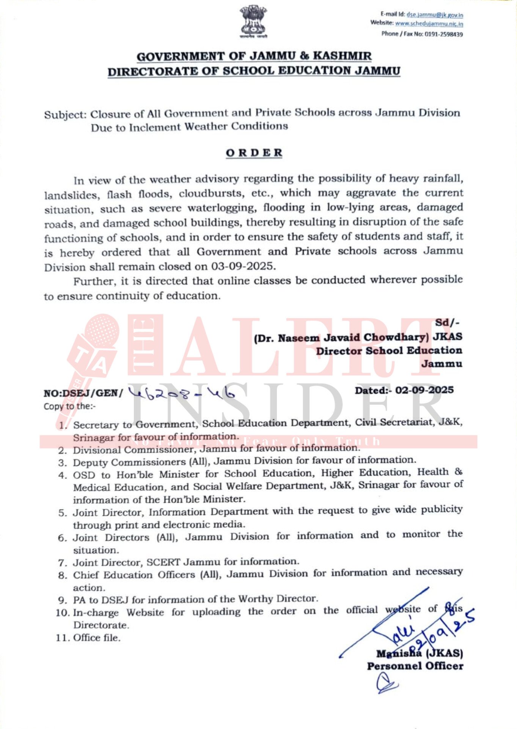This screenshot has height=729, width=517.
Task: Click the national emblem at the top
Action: tap(253, 22)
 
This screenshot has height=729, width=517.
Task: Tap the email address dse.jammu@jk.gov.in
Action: tap(435, 15)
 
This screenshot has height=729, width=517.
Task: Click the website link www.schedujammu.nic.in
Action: tap(429, 24)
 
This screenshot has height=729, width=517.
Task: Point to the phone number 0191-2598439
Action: tap(444, 34)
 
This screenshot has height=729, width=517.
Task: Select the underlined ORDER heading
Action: tap(254, 153)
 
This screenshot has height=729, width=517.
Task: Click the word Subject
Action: tap(65, 115)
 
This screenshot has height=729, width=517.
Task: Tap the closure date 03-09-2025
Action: tap(242, 266)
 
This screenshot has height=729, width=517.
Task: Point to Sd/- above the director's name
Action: tap(447, 323)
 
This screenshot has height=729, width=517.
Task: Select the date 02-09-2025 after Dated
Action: tap(424, 390)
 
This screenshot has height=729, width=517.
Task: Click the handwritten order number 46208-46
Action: tap(181, 393)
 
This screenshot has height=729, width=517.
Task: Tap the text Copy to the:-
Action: tap(69, 406)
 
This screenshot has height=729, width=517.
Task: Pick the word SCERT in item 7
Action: tap(163, 562)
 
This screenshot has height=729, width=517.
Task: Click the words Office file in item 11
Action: tap(97, 637)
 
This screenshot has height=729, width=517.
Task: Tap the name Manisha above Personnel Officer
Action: tap(399, 653)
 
